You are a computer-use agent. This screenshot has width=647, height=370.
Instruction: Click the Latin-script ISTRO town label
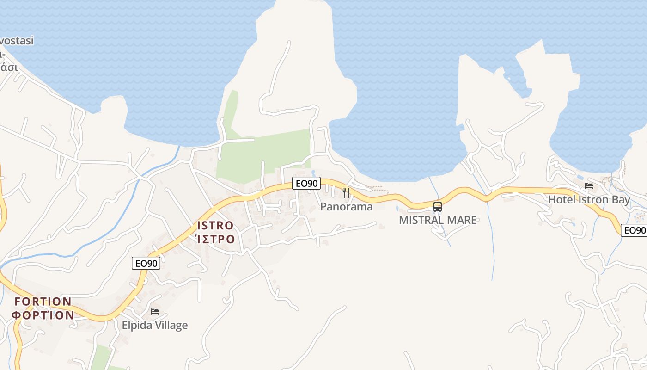[215, 226]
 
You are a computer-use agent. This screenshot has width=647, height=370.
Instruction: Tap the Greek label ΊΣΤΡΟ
[215, 239]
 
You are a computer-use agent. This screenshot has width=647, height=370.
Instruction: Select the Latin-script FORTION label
[43, 302]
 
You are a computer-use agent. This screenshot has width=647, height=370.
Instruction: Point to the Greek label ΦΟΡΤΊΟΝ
[43, 315]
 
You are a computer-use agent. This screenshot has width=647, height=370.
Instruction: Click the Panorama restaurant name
[346, 207]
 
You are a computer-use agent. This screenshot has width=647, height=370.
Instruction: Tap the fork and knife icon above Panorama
[346, 192]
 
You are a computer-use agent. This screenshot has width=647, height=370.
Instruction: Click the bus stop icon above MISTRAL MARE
[437, 206]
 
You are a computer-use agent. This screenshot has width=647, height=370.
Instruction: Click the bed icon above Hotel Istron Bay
[589, 186]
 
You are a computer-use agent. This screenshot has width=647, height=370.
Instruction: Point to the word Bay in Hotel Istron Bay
[621, 200]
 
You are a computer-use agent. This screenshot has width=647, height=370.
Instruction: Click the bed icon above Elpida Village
[155, 312]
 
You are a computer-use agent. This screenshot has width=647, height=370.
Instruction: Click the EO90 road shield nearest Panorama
[306, 183]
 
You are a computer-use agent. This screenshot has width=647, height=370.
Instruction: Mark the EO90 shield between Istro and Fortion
[146, 263]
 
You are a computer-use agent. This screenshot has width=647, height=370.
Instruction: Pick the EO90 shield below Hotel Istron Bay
[634, 230]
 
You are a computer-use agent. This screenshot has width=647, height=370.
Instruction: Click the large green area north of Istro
[263, 155]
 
